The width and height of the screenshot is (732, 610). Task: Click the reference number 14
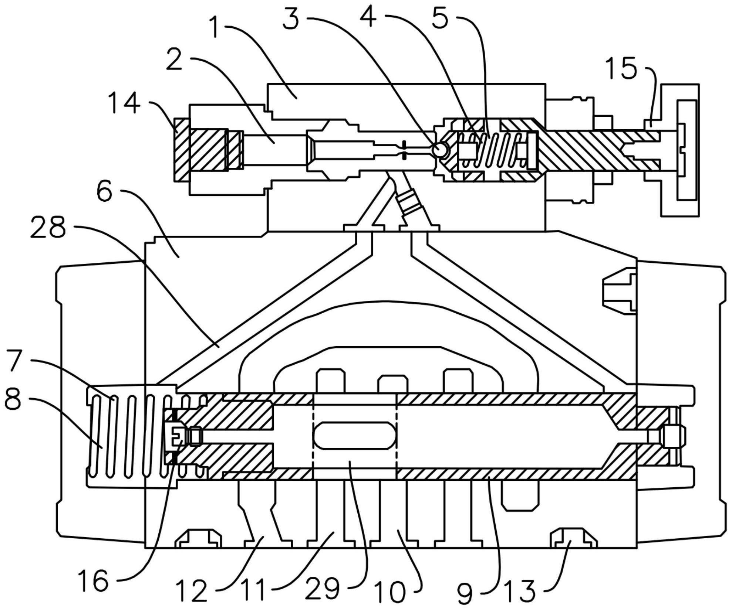tap(124, 103)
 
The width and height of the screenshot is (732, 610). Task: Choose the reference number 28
tap(48, 228)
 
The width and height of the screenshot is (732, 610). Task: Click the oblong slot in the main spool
tap(354, 436)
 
